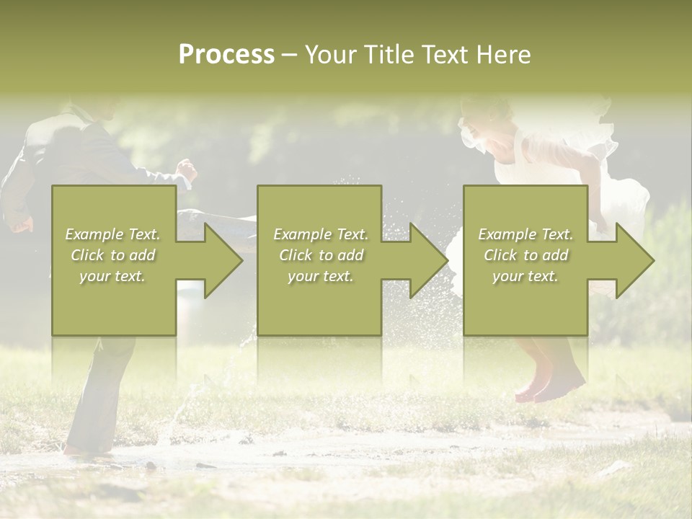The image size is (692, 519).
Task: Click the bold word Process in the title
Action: (x=226, y=55)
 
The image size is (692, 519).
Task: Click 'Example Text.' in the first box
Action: (x=113, y=234)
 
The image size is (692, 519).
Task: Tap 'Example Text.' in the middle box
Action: (x=321, y=234)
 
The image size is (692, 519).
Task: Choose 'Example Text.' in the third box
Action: (x=525, y=234)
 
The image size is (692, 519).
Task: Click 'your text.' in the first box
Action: (x=112, y=276)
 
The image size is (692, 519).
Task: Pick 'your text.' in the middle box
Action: (x=320, y=276)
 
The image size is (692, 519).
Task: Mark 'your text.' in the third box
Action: (x=525, y=276)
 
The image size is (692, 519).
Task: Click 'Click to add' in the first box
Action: (x=113, y=255)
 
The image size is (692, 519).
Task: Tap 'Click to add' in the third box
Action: (x=526, y=255)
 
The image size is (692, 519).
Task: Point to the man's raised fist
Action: (x=188, y=170)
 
